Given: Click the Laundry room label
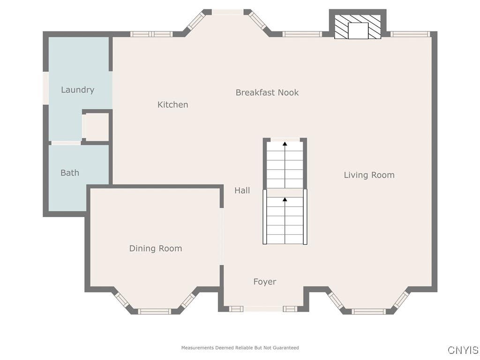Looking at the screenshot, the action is (77, 90).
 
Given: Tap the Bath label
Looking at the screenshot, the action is (70, 173).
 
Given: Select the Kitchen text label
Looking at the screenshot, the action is (172, 105).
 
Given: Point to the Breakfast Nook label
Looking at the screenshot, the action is (267, 92).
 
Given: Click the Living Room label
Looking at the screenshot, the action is (369, 175).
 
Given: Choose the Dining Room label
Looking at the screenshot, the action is (156, 248).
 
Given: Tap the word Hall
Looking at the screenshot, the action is (242, 190).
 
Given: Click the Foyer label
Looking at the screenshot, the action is (265, 282).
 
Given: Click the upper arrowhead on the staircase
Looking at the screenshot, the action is (285, 143).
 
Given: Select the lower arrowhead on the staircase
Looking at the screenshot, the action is (285, 199).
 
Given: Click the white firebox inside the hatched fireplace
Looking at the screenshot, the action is (358, 30).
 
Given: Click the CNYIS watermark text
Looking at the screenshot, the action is (463, 350).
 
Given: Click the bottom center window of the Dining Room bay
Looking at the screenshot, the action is (154, 311).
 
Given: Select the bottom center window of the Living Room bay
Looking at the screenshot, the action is (368, 311).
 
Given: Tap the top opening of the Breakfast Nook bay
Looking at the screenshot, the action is (228, 12).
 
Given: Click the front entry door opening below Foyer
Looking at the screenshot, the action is (263, 308).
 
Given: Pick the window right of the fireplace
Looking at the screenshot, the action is (410, 34).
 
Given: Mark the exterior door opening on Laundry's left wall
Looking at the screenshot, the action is (45, 88).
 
